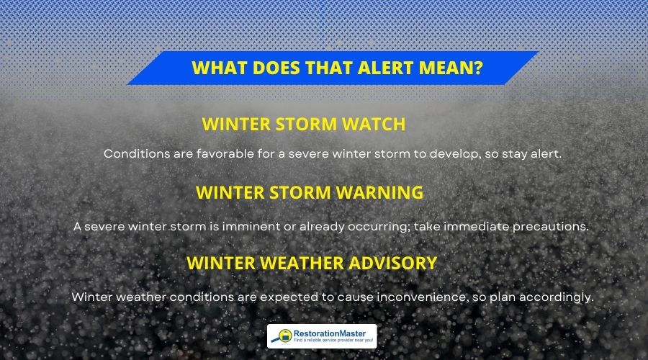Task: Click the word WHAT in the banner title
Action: click(215, 69)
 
